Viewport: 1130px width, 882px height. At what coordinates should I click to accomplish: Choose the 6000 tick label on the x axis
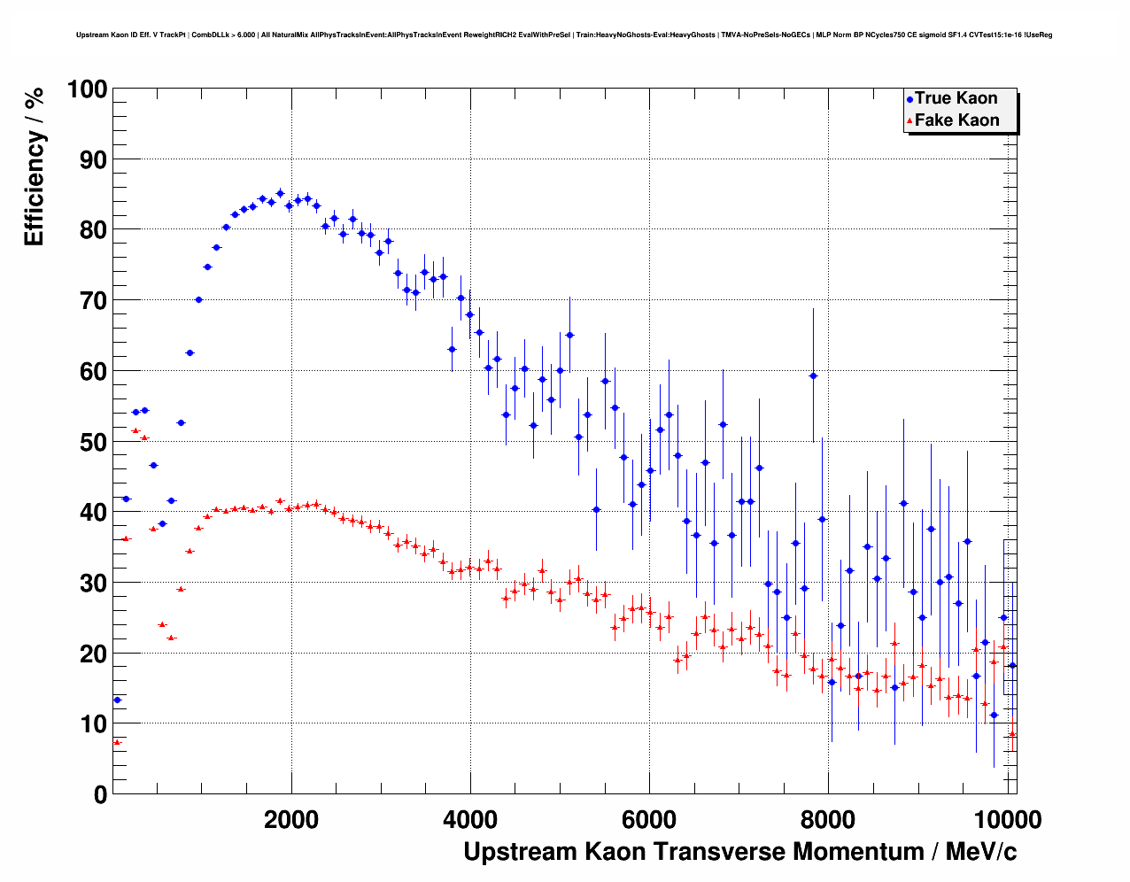(650, 819)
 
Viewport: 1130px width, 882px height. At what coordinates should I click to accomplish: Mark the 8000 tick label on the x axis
(829, 819)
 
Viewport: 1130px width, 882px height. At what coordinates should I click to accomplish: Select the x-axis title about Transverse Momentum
(739, 852)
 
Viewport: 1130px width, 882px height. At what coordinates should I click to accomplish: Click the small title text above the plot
(564, 35)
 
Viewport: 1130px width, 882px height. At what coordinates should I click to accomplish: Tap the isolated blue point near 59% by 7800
(813, 376)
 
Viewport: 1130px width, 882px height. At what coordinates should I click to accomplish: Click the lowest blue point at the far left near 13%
(117, 700)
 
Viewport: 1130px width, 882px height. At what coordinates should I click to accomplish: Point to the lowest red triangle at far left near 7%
(117, 742)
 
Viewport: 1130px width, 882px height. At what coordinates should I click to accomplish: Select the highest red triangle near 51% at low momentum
(135, 430)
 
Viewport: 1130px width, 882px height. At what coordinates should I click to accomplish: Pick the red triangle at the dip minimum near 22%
(171, 638)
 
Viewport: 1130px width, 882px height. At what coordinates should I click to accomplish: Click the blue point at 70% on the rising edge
(198, 299)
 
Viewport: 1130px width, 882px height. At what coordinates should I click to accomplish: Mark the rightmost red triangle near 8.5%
(1012, 733)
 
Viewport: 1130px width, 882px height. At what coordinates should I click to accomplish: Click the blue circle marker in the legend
(909, 99)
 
